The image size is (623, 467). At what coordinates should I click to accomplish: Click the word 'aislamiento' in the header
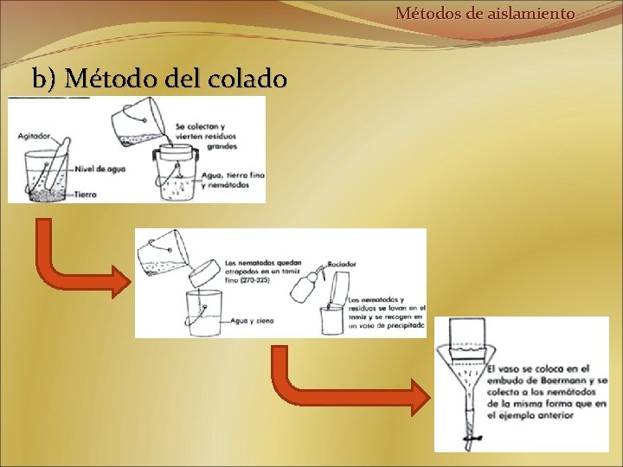point(534,14)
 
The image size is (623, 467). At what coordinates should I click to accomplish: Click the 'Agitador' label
point(34,137)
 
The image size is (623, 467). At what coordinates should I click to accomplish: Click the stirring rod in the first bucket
point(54,169)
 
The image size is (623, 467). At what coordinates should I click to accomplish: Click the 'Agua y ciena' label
point(252,320)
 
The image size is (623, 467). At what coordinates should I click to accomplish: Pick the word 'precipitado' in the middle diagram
point(403,327)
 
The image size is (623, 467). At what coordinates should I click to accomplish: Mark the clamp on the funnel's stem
point(469,439)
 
